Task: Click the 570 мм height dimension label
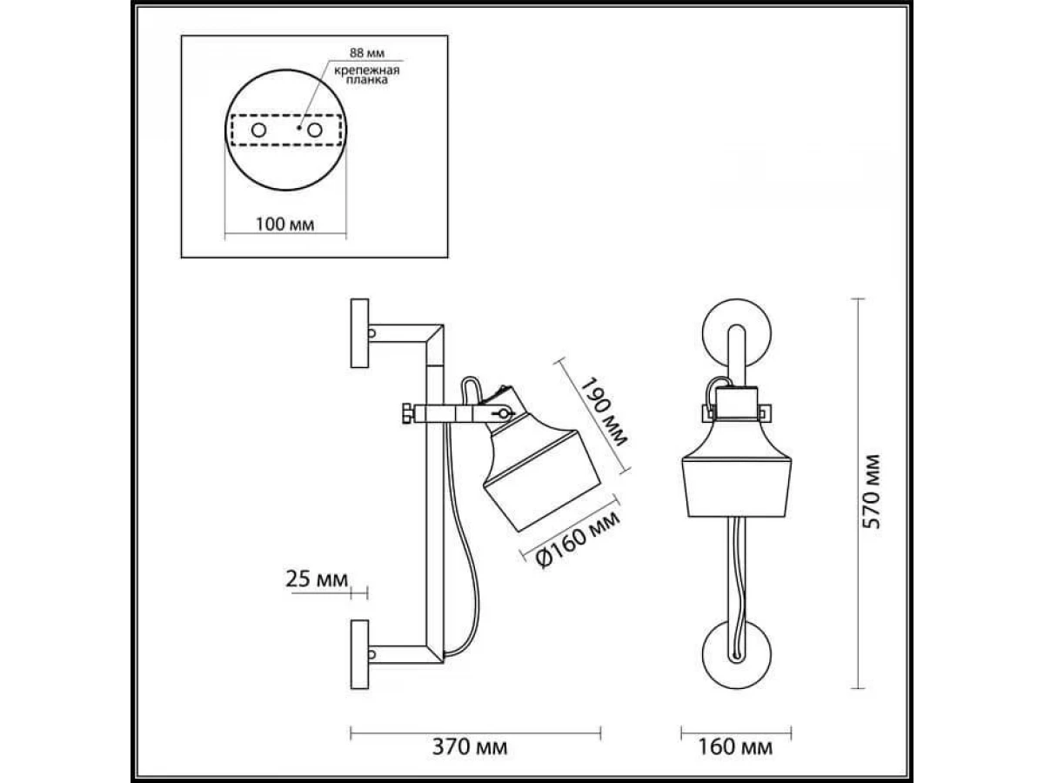875,492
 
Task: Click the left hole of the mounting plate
259,130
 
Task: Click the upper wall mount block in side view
359,333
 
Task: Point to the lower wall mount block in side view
359,652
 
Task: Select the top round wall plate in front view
738,335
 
